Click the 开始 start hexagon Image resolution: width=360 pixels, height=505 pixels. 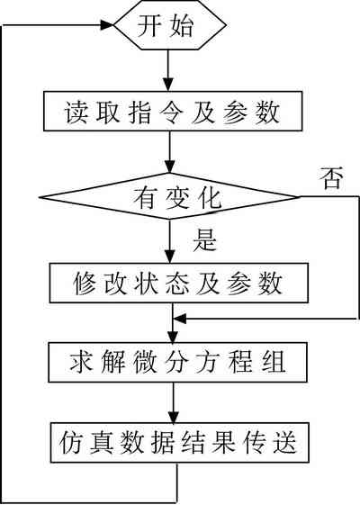170,25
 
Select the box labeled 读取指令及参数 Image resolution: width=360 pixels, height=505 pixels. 173,111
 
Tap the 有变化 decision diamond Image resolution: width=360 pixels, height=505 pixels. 170,196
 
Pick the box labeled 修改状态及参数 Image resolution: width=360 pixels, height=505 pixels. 179,283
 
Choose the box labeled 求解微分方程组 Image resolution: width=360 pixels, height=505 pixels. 177,362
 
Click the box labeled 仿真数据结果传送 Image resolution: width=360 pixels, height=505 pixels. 180,443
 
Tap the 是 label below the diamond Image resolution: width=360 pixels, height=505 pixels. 205,240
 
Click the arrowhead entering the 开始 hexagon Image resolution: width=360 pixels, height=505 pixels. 107,25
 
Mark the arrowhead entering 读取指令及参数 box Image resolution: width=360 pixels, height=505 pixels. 167,85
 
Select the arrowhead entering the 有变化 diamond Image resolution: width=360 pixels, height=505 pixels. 170,167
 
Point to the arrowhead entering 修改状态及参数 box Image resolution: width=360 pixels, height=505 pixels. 170,257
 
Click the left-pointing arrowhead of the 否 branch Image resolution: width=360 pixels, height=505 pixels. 180,319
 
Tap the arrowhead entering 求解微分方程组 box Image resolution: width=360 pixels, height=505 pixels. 173,336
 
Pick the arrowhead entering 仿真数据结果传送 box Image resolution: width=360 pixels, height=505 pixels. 174,417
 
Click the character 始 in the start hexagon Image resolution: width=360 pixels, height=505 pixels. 182,25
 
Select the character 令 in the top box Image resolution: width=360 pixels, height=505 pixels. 172,112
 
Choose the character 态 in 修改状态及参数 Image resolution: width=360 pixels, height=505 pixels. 177,283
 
